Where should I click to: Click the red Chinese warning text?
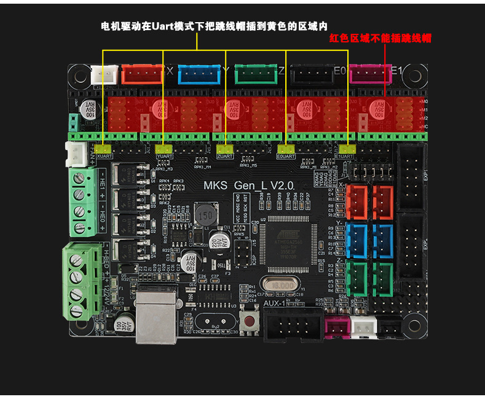tap(380, 38)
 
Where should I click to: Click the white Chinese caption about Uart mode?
tap(214, 26)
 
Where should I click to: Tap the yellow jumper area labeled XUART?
tap(103, 148)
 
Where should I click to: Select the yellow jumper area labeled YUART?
tap(164, 148)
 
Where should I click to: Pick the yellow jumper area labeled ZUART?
tap(226, 148)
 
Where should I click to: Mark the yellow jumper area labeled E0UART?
tap(286, 148)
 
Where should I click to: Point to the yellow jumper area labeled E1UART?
tap(348, 148)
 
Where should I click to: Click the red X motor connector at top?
tap(142, 74)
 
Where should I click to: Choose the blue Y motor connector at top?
tap(199, 74)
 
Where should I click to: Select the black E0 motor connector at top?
tap(312, 74)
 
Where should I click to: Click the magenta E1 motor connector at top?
tap(369, 74)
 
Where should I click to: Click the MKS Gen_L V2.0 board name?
tap(249, 185)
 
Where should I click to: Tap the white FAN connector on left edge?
tap(77, 154)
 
